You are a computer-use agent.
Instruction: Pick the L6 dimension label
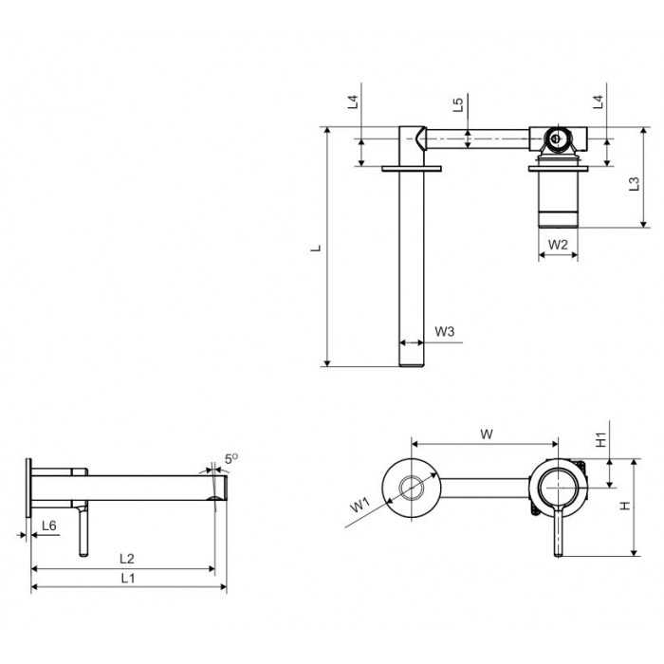(x=47, y=526)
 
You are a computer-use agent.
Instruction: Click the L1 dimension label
(x=127, y=579)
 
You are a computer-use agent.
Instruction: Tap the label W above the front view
(x=486, y=434)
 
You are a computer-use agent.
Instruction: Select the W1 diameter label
(x=359, y=505)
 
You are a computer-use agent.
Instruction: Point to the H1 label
(x=600, y=440)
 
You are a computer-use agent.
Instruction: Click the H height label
(x=625, y=506)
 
